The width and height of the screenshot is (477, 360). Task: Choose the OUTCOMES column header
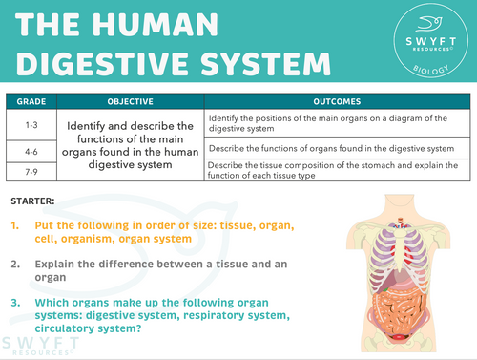pos(337,100)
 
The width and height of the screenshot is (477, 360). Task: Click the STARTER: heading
pos(32,201)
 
